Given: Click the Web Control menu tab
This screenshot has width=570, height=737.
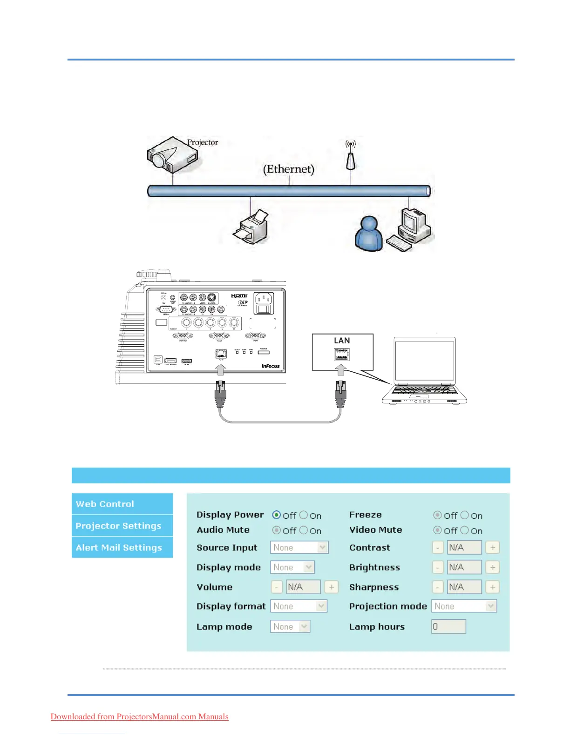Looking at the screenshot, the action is point(122,504).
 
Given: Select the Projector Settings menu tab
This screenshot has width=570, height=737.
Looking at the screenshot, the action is point(122,526).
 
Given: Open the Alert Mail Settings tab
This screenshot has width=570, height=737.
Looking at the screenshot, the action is point(122,548).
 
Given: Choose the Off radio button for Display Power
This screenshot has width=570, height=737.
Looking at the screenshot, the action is point(277,515).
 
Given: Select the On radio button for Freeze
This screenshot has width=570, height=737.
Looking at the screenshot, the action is point(465,515).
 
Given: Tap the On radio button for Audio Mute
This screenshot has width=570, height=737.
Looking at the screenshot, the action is point(304,530).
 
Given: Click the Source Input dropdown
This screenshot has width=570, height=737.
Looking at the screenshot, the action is point(299,548).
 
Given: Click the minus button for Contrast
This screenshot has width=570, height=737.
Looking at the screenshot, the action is point(438,548).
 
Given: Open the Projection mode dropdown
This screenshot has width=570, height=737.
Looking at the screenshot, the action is point(464,606).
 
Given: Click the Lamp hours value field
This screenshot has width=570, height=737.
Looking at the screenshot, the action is point(448,627).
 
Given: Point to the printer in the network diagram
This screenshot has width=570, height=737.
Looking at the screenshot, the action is point(251,227).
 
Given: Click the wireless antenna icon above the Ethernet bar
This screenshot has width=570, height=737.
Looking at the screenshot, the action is point(351,156).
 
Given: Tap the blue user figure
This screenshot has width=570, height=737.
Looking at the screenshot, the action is point(369,234).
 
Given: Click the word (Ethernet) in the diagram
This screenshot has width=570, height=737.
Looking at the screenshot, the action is point(289,169).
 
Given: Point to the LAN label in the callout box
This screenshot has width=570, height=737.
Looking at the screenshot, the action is point(342,341).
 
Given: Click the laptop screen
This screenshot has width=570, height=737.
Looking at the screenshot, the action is point(425,361).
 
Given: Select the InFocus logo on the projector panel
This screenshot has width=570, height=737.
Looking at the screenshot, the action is point(271,366).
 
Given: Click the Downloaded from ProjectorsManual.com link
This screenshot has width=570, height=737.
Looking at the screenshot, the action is point(139,717).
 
